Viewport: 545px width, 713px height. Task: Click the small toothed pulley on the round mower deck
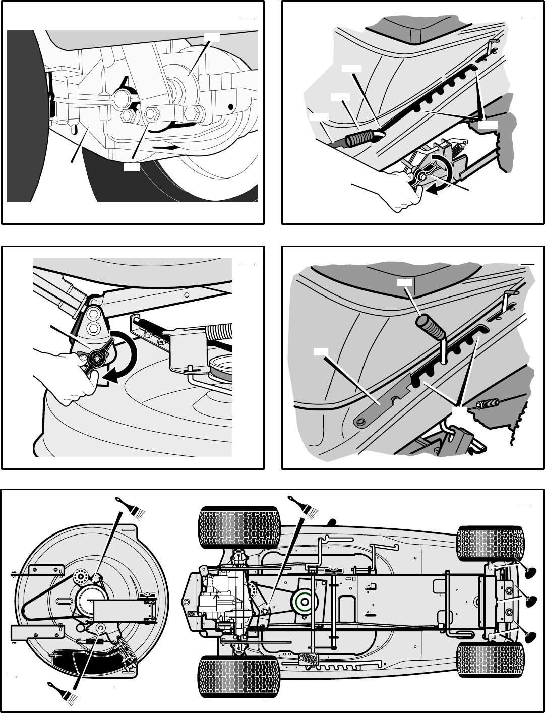tap(80, 575)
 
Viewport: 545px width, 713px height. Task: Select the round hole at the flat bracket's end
tap(360, 421)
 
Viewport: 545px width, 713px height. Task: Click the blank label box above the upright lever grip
tap(404, 282)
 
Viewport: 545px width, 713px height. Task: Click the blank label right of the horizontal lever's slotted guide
tap(488, 124)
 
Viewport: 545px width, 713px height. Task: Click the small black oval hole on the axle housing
tap(231, 107)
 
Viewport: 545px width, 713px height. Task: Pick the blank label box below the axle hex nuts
tap(132, 166)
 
